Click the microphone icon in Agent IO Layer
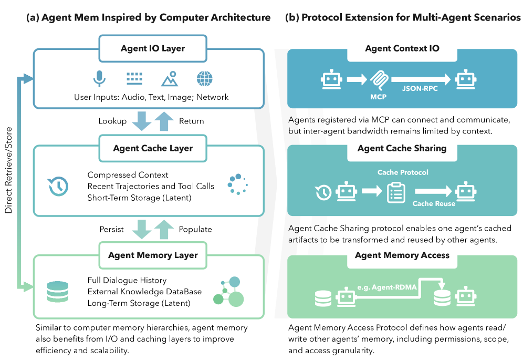click(x=99, y=79)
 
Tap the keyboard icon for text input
click(x=134, y=78)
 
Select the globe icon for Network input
click(x=205, y=79)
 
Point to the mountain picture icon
click(x=170, y=79)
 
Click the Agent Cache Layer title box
click(x=153, y=149)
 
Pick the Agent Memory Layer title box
click(x=153, y=256)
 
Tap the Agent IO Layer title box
click(x=153, y=49)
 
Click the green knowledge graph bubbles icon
click(x=229, y=292)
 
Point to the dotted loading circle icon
click(x=237, y=184)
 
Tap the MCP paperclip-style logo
click(x=379, y=80)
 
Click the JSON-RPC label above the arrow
click(x=420, y=89)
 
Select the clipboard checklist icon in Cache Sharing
click(x=395, y=192)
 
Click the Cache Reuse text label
click(x=434, y=203)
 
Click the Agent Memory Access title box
click(x=402, y=255)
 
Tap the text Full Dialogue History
click(x=127, y=281)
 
